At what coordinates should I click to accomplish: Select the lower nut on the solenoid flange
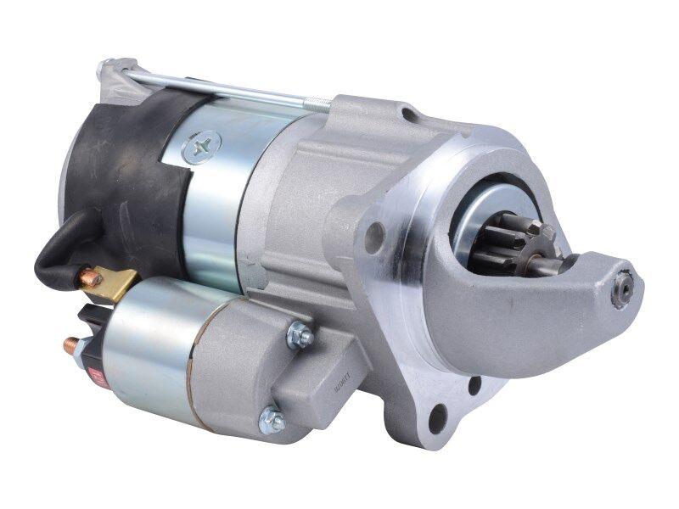[x=272, y=420]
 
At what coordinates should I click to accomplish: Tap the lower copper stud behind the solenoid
[x=71, y=345]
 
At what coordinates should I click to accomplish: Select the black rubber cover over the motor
[x=127, y=178]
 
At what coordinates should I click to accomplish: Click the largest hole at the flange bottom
[x=439, y=416]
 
